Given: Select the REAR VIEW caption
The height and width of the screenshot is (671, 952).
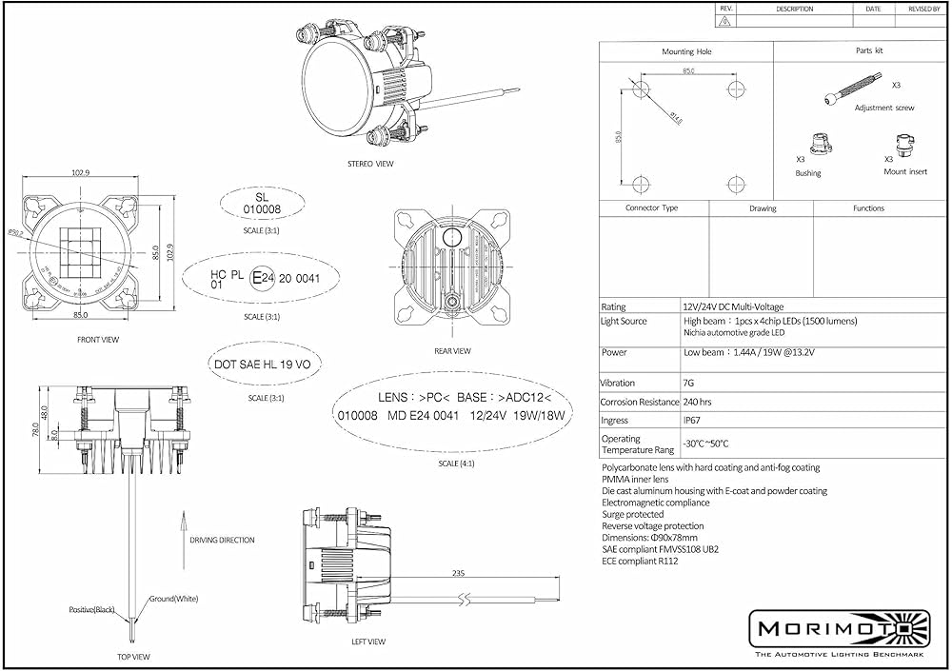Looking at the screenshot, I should point(452,351).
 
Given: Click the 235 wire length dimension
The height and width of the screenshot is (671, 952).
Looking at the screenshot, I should point(460,574).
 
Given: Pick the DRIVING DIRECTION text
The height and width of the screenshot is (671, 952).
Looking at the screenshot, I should point(222,540).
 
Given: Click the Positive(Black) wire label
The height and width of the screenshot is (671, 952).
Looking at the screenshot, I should point(92,608).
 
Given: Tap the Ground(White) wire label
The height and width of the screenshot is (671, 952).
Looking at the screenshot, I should point(174,599).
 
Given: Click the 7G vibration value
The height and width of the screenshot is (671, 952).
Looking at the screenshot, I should point(687,383).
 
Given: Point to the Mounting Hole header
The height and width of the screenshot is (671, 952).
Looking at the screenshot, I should point(686,51).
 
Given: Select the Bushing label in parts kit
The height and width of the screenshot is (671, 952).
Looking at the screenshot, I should point(807,173).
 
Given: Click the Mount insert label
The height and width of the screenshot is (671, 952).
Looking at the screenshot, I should point(904,172).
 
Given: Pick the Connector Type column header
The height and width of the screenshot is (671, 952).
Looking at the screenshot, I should point(651,207).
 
